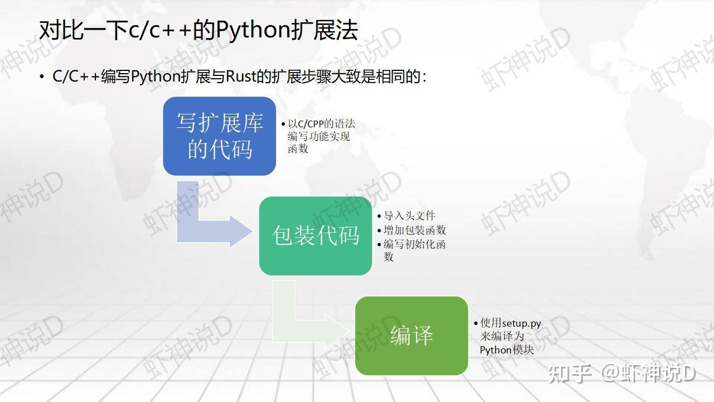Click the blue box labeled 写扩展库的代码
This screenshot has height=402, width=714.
[219, 136]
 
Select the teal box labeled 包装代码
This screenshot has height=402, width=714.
[315, 236]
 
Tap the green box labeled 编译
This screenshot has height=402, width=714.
[411, 336]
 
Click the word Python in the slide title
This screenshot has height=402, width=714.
[253, 30]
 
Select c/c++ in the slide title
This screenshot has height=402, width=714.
[160, 30]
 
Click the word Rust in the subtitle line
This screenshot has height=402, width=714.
[240, 76]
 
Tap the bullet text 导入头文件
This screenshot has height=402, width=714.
[409, 216]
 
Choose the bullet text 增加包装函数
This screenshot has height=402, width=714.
[414, 230]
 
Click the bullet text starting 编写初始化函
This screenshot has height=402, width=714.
[414, 245]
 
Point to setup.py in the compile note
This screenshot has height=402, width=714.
[522, 323]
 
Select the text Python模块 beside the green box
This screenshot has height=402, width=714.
[506, 350]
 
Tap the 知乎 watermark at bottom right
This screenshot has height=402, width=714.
[570, 373]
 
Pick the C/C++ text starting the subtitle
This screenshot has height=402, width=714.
[76, 76]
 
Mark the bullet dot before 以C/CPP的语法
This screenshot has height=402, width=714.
[283, 124]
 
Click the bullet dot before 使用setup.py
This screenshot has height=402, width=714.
[475, 323]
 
